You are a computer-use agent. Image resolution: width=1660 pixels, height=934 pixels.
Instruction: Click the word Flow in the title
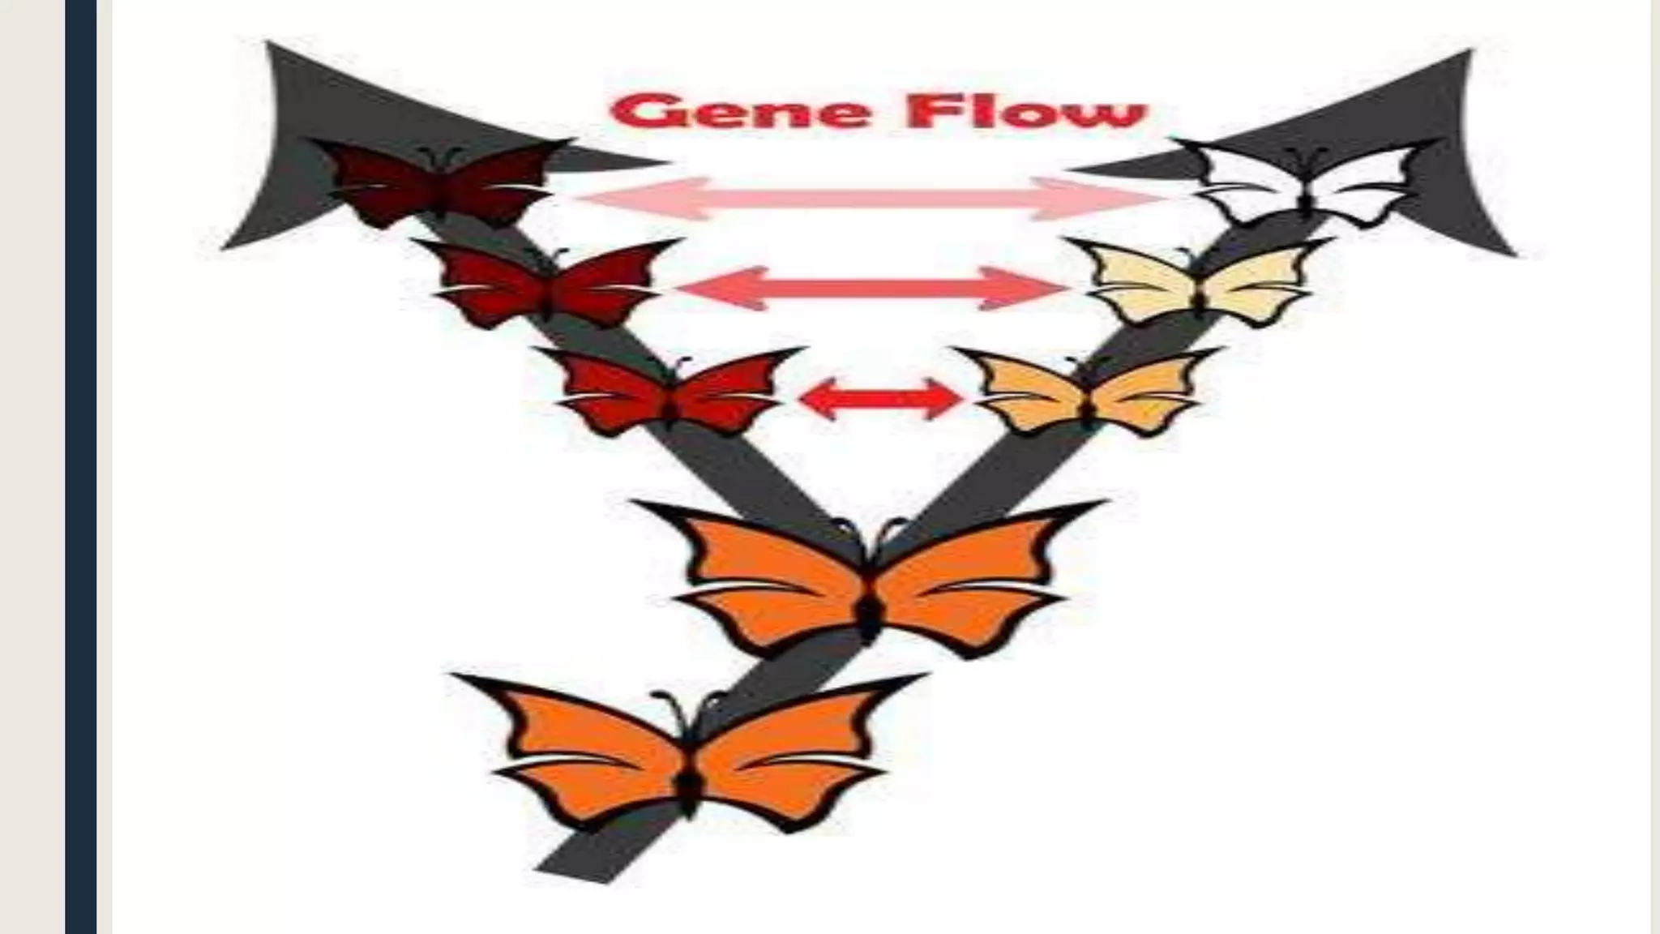1025,112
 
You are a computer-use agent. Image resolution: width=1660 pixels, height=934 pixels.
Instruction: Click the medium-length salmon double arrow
871,288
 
